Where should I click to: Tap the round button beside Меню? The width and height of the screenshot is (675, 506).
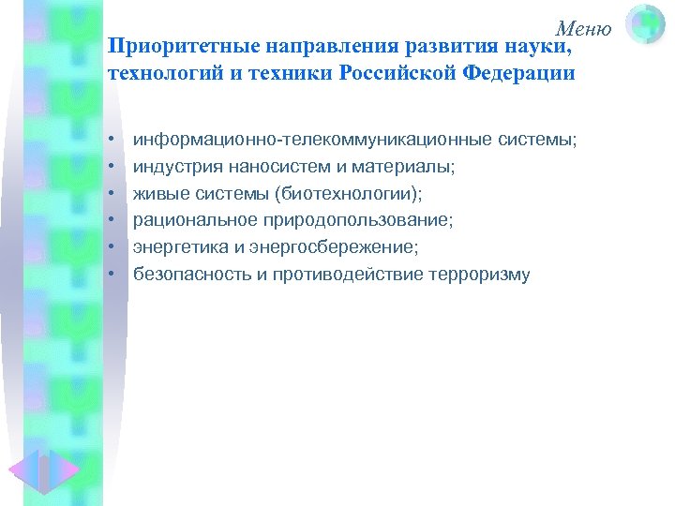click(x=645, y=24)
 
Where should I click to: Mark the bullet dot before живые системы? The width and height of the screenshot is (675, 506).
click(x=111, y=194)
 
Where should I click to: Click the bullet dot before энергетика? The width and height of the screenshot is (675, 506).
click(x=111, y=247)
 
